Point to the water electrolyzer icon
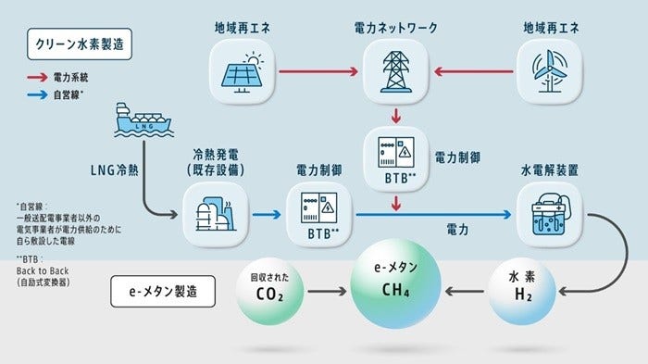tap(542, 214)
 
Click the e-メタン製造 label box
tap(162, 291)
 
